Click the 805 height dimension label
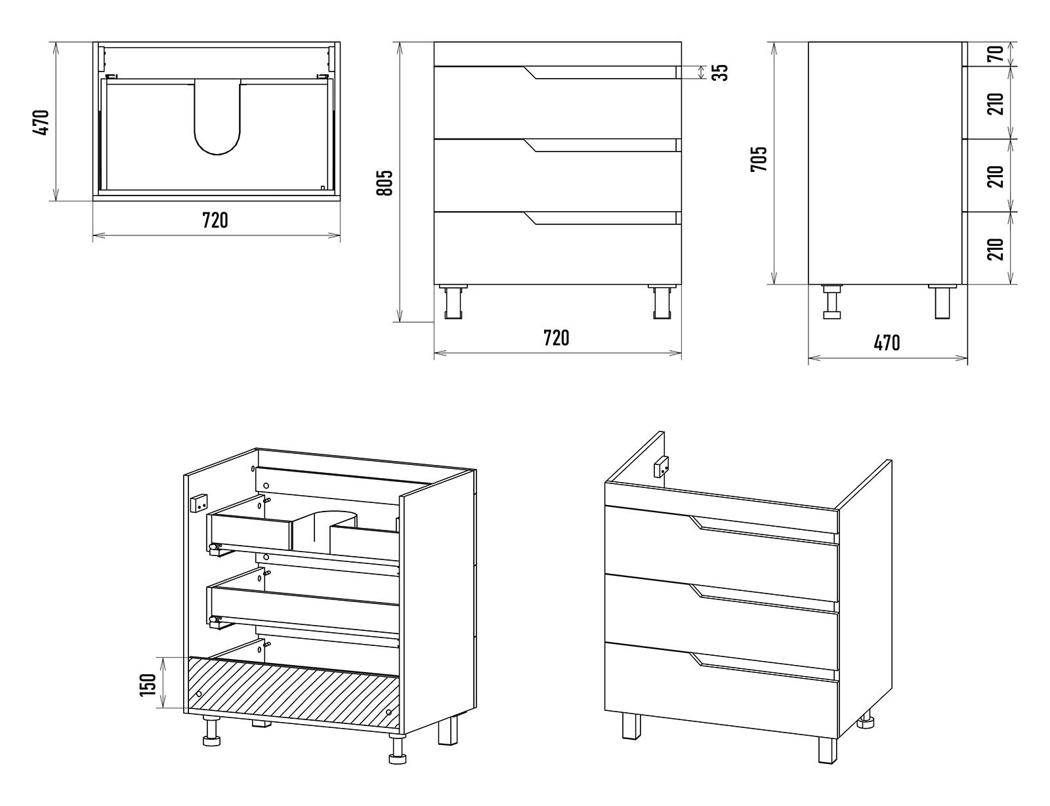tap(385, 182)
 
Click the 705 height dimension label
tap(759, 159)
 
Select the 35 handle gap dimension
tap(721, 71)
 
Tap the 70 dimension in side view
tap(996, 54)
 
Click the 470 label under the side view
tap(887, 342)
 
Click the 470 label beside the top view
tap(41, 122)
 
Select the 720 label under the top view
tap(215, 220)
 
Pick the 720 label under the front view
tap(556, 338)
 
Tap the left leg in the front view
tap(453, 302)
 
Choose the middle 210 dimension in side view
tap(996, 176)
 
